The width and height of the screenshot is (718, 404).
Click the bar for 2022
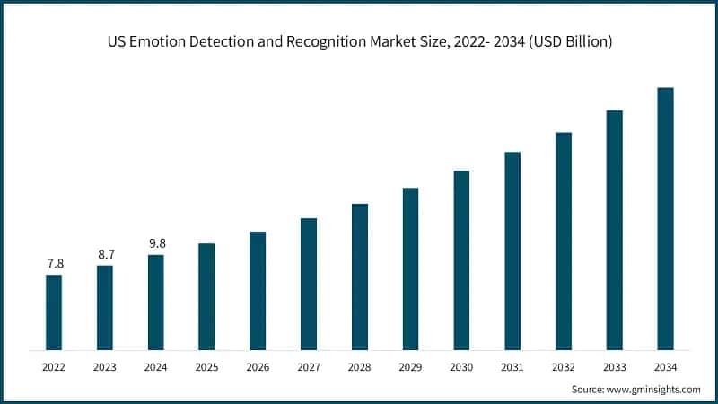pos(54,312)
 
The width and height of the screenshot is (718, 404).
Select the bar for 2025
pos(206,296)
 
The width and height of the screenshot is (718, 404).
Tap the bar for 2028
pos(360,277)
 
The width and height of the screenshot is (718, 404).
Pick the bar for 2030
pos(461,259)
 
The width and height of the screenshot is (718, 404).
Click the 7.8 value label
pos(55,263)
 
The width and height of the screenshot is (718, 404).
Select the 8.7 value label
pos(105,254)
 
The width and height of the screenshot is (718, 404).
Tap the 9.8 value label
pos(156,243)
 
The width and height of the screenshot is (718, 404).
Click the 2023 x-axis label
pos(105,367)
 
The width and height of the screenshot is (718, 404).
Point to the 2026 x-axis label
pos(258,367)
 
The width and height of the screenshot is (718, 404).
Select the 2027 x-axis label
pos(309,367)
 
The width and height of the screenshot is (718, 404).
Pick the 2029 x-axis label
pos(410,367)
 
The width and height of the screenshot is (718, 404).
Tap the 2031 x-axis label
pos(512,367)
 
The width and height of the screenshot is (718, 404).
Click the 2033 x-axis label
pos(614,367)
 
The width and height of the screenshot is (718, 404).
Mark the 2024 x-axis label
pos(156,367)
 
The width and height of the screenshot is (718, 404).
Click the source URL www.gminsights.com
pos(654,390)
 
